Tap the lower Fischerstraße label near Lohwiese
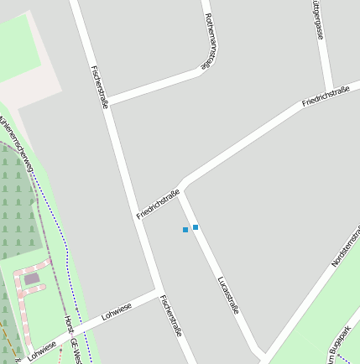pyautogui.click(x=171, y=316)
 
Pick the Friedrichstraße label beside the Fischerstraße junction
pyautogui.click(x=159, y=205)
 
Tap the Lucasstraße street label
pyautogui.click(x=228, y=294)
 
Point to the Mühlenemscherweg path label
pyautogui.click(x=18, y=145)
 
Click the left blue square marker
pyautogui.click(x=185, y=230)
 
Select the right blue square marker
pyautogui.click(x=196, y=227)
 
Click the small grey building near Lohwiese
pyautogui.click(x=32, y=278)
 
